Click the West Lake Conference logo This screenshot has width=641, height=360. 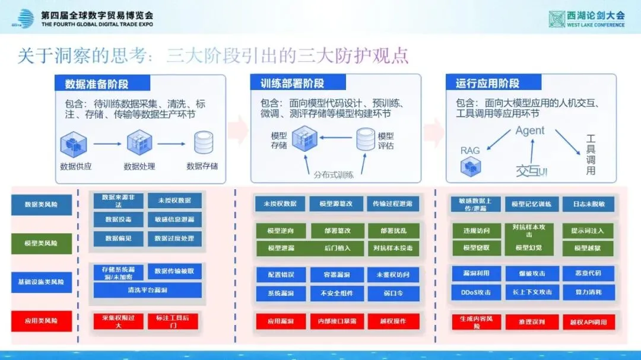[587, 19]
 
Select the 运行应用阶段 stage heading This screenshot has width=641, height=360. [488, 83]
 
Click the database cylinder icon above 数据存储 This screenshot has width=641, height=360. [202, 143]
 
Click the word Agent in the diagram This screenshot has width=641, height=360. [529, 130]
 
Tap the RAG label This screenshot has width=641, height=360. [470, 151]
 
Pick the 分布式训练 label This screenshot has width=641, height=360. [334, 175]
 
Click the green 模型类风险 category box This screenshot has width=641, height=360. [41, 243]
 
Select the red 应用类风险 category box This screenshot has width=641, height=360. [41, 321]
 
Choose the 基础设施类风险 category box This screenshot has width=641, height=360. [41, 282]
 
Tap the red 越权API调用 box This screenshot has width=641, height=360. [588, 322]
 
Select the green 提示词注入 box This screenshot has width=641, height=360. [588, 230]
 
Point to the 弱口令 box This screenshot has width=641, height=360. [394, 292]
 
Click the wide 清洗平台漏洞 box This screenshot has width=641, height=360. [147, 290]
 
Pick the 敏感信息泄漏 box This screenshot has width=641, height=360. [174, 219]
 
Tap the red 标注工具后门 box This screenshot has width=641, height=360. [173, 321]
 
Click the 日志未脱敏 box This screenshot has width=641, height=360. [588, 204]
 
